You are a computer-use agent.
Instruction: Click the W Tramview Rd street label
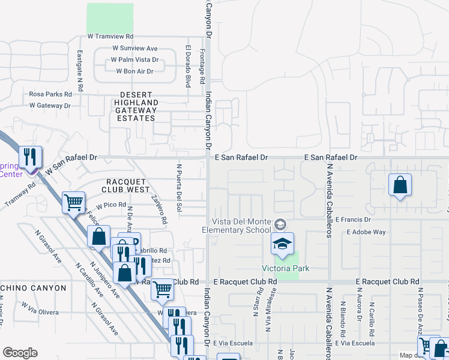pos(110,36)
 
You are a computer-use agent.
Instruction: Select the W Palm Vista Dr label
pos(134,60)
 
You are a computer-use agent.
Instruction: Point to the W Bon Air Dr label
pos(134,71)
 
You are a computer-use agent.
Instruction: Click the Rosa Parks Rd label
pos(50,94)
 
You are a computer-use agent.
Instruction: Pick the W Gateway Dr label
pos(50,106)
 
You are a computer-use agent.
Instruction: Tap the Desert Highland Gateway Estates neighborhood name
pos(136,106)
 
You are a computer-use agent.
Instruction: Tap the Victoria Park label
pos(286,268)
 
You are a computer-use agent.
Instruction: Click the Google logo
pos(20,353)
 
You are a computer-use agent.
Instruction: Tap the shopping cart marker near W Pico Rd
pos(73,202)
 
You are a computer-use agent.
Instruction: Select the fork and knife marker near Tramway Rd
pos(29,158)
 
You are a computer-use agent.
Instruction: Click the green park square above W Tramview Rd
pos(110,18)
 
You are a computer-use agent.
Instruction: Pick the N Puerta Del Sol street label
pos(179,187)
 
